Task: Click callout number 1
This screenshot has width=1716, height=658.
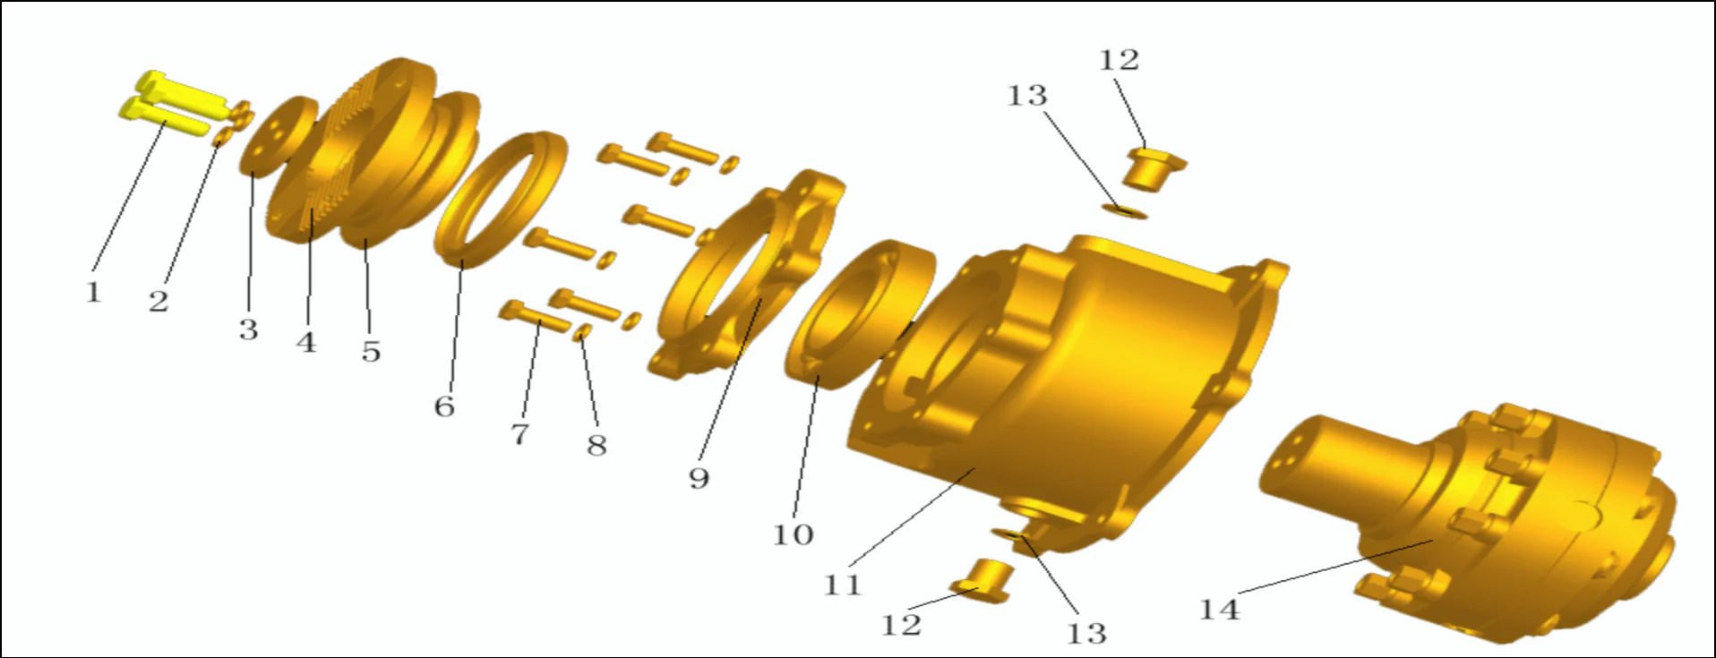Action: (93, 293)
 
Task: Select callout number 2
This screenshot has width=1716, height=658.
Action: (159, 302)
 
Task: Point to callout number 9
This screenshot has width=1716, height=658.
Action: (699, 478)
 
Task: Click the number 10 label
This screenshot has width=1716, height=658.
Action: (793, 535)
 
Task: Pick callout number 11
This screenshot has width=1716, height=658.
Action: (842, 585)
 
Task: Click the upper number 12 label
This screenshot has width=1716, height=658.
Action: (1119, 61)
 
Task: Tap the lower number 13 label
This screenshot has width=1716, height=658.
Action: (1086, 634)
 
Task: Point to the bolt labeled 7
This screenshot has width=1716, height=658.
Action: (536, 316)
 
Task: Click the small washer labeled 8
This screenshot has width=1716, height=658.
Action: (581, 333)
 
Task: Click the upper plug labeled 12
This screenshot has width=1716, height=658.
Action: (1151, 167)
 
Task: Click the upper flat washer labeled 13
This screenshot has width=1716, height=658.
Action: (1125, 211)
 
